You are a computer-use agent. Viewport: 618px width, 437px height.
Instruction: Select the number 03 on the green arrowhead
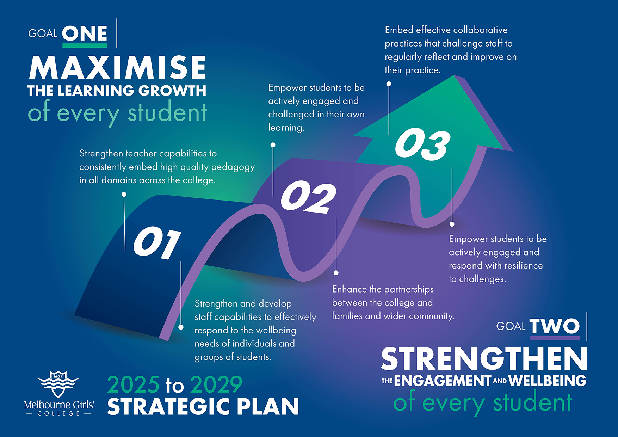pos(422,144)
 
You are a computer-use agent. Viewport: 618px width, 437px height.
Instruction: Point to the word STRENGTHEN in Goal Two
pos(484,358)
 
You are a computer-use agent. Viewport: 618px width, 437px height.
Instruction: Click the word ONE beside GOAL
pos(85,34)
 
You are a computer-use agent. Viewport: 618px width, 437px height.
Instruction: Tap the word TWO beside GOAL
pos(555,326)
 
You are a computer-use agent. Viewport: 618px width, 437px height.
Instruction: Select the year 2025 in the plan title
pos(134,384)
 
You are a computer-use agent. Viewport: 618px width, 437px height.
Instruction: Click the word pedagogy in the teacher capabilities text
pos(233,167)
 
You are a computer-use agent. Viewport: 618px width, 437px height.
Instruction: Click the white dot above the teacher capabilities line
pos(124,194)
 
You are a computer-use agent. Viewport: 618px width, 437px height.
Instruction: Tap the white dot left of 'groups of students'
pos(181,327)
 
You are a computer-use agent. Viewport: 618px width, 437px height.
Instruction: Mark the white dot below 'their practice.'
pos(389,84)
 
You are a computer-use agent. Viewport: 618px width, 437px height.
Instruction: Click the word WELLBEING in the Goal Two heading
pos(548,381)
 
